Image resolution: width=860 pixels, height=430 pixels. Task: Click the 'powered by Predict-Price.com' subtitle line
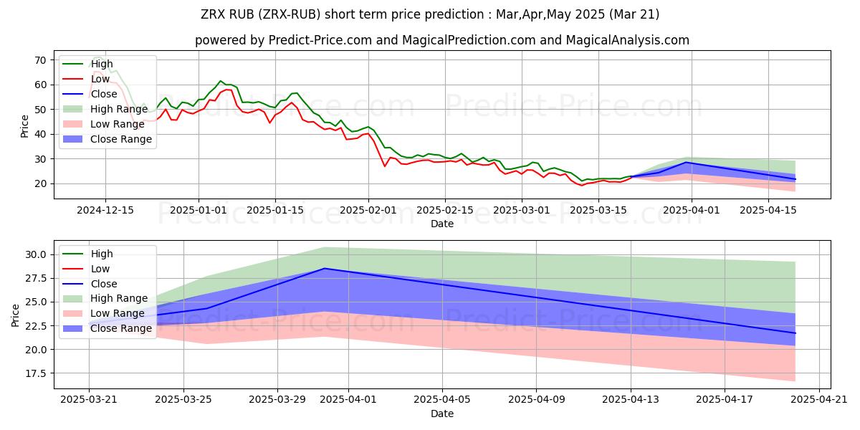pos(441,40)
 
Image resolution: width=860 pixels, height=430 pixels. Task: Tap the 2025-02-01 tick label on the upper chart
pos(368,211)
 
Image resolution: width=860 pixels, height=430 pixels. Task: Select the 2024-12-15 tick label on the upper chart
pos(105,211)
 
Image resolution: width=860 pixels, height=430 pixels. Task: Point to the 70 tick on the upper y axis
pos(41,60)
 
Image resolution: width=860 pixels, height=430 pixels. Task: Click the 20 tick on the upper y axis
pos(41,183)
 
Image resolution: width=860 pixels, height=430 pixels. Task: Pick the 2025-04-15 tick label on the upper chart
pos(769,211)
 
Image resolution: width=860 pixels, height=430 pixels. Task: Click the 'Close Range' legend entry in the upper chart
pos(121,139)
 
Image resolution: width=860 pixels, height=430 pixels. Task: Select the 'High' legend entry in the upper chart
pos(102,64)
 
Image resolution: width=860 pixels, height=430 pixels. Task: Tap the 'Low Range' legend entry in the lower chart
pos(118,313)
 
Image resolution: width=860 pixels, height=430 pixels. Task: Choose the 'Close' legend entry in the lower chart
pos(105,284)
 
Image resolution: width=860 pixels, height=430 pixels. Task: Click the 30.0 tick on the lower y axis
pos(36,254)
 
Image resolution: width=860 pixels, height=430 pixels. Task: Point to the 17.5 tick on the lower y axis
pos(36,373)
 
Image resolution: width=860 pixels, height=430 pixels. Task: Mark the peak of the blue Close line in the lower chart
pos(325,269)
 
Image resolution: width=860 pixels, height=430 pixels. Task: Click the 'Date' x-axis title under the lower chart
pos(441,414)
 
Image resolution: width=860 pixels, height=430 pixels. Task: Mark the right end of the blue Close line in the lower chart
pos(795,333)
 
